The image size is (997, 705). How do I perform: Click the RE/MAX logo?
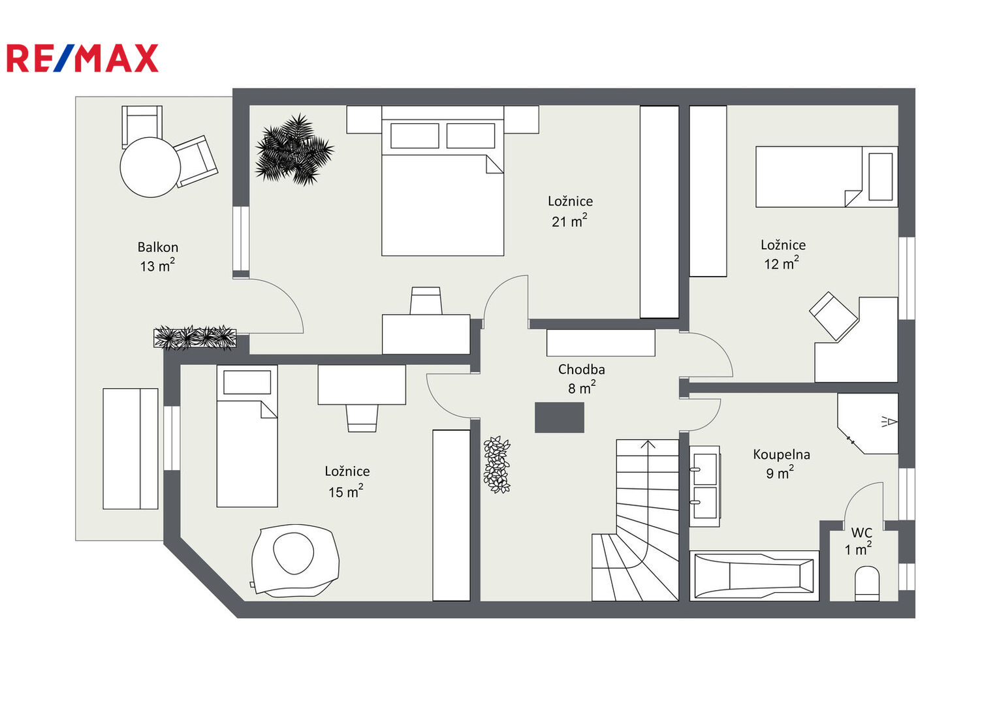[x=82, y=58]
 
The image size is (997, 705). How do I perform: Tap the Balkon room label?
[x=157, y=247]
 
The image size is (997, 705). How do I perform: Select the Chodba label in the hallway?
[x=581, y=369]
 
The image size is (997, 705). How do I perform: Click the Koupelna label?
[x=781, y=454]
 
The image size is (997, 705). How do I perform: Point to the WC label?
[x=861, y=533]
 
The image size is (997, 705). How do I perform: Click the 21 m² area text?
[x=569, y=221]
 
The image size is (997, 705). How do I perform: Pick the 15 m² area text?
[x=346, y=492]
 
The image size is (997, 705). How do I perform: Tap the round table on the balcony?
[x=150, y=167]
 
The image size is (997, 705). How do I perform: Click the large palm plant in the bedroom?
[x=294, y=149]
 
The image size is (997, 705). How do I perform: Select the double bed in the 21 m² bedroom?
[x=443, y=181]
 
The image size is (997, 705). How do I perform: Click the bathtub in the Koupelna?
[x=754, y=576]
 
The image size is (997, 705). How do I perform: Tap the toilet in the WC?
[x=867, y=584]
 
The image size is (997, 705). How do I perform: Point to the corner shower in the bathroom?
[x=868, y=423]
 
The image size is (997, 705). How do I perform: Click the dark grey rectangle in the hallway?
[x=560, y=418]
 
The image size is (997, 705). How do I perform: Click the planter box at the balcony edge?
[x=195, y=338]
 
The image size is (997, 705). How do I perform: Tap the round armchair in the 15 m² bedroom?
[x=296, y=560]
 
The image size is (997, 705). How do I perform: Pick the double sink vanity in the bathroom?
[x=704, y=486]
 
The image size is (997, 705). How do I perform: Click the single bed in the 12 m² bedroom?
[x=827, y=177]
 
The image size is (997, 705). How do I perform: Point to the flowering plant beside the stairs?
[x=497, y=465]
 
